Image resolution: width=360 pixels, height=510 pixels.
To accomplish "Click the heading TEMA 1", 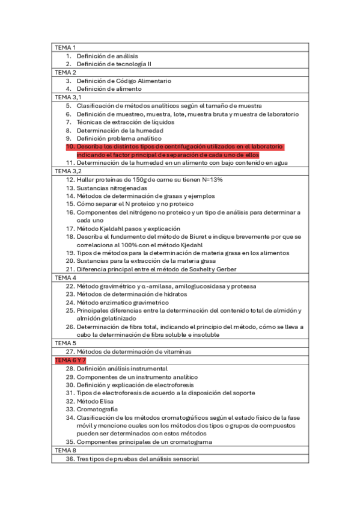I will tap(65, 48).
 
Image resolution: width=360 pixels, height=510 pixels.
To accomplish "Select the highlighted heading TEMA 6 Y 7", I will tap(70, 360).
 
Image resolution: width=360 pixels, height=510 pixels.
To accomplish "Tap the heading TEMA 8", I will tap(65, 450).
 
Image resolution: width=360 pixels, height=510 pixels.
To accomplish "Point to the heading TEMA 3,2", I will tap(67, 171).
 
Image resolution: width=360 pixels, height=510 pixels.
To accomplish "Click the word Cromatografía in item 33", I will tap(97, 409).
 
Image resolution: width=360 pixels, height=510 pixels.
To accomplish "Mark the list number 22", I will tap(70, 286).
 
